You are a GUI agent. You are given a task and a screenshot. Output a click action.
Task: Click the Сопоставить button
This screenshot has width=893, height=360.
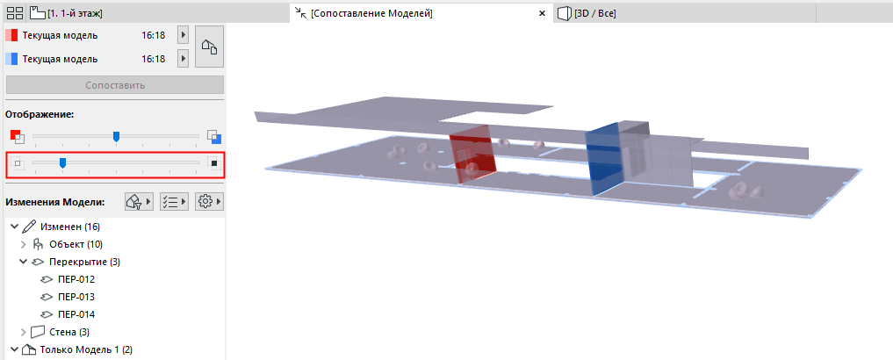click(114, 85)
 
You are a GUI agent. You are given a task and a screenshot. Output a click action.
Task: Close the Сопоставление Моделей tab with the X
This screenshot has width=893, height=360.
click(542, 13)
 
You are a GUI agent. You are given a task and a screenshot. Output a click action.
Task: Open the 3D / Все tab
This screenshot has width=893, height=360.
click(587, 13)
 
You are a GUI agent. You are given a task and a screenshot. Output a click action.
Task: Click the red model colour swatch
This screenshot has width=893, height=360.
click(11, 35)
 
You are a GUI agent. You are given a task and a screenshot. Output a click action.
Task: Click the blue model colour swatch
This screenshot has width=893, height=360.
click(11, 59)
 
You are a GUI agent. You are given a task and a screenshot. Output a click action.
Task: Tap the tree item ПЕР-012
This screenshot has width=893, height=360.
click(76, 280)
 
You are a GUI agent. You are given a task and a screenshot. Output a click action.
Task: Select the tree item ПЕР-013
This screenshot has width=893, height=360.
click(76, 297)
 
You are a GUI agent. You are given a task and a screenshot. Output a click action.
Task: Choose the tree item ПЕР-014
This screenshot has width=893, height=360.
click(76, 314)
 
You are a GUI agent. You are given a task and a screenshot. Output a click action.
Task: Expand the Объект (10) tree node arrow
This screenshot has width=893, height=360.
click(24, 244)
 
